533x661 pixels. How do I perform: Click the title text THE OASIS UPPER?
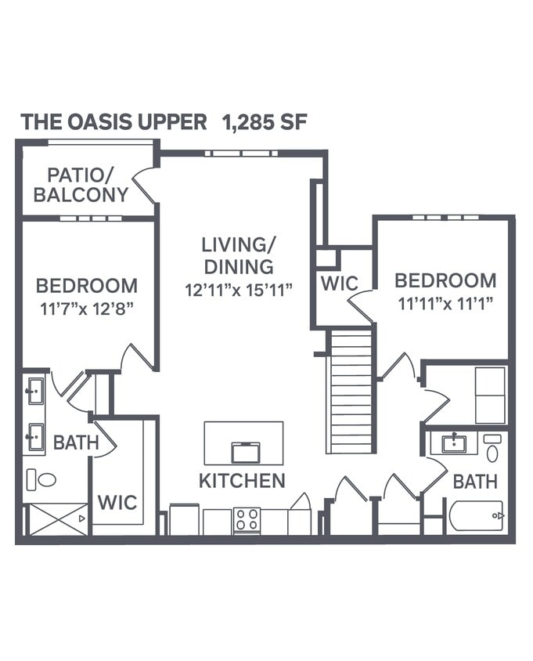[113, 122]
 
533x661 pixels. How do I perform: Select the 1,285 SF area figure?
[265, 122]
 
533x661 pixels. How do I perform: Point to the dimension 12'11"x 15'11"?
[239, 290]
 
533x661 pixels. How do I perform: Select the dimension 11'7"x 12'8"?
[87, 309]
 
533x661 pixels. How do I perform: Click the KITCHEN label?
[242, 481]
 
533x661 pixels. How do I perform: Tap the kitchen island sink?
[246, 453]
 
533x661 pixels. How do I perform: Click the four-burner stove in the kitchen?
[247, 520]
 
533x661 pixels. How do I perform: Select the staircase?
[350, 392]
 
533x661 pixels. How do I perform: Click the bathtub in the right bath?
[476, 517]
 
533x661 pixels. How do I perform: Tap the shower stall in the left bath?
[58, 518]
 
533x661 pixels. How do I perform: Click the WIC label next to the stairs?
[339, 284]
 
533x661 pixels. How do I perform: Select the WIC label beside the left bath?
[117, 502]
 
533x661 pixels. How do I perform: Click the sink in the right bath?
[454, 444]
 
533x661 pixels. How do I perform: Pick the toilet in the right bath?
[492, 450]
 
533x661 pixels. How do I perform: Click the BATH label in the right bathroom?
[475, 482]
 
